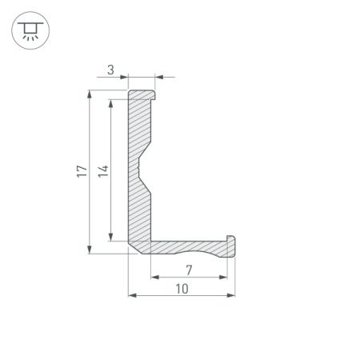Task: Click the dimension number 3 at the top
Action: (111, 70)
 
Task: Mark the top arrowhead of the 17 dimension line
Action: (90, 95)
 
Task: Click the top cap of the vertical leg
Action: (144, 94)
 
